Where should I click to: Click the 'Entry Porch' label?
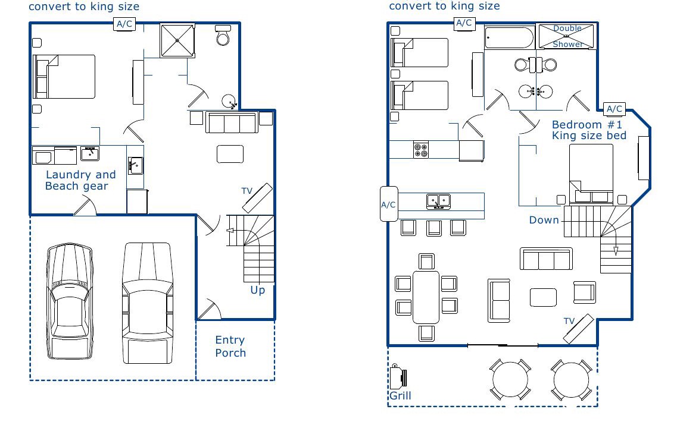[x=230, y=347]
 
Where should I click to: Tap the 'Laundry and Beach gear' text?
[x=80, y=180]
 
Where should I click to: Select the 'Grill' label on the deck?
[x=400, y=396]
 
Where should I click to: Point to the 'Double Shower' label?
[x=567, y=36]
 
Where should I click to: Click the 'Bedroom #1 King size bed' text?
[x=589, y=130]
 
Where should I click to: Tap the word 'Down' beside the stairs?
[x=544, y=221]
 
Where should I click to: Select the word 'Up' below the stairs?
[x=258, y=290]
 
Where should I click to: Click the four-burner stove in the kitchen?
[x=421, y=150]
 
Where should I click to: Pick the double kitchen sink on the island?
[x=438, y=202]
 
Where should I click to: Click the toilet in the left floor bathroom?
[x=223, y=35]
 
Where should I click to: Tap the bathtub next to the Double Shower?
[x=509, y=37]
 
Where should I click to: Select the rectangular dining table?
[x=426, y=297]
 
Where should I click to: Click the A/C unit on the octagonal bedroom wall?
[x=614, y=109]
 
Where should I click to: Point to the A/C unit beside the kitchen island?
[x=389, y=204]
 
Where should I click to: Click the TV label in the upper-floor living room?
[x=569, y=321]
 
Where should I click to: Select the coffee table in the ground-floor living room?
[x=230, y=155]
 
